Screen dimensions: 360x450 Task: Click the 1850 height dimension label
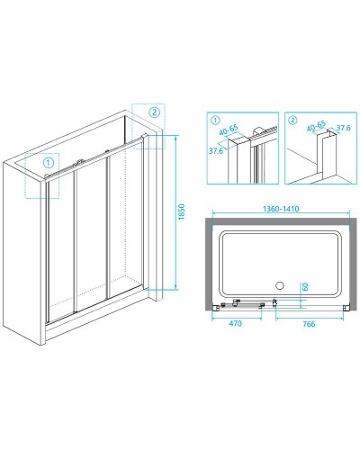[182, 211]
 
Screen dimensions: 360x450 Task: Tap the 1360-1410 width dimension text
[281, 209]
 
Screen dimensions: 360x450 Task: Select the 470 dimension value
[235, 323]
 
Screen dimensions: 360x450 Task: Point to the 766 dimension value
[309, 324]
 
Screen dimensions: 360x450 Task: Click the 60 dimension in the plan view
[305, 286]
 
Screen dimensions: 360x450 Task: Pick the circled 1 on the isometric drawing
[49, 163]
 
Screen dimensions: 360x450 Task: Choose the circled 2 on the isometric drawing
[155, 112]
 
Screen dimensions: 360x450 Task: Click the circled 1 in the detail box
[215, 121]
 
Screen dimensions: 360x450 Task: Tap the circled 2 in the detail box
[292, 121]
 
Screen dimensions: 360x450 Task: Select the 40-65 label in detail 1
[229, 130]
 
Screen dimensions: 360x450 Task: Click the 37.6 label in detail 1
[216, 150]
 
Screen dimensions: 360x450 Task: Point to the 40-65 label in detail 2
[316, 126]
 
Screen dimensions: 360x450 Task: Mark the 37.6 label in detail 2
[343, 128]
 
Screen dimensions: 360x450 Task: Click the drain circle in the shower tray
[280, 285]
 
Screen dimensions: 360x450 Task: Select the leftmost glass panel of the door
[61, 249]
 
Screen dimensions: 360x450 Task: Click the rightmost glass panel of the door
[125, 222]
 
